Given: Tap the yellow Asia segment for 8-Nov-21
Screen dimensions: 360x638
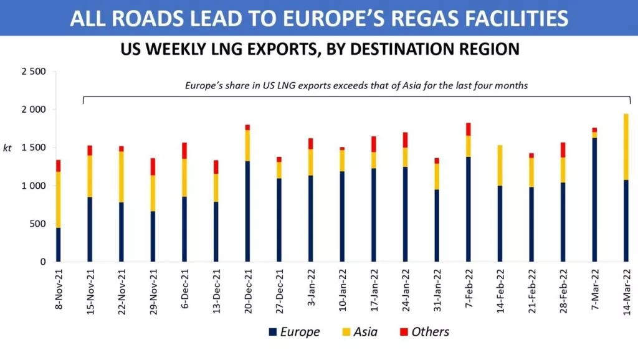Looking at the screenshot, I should (59, 200).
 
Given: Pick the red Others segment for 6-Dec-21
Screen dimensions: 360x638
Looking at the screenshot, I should (184, 151).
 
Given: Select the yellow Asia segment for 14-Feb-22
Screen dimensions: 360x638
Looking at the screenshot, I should (500, 165).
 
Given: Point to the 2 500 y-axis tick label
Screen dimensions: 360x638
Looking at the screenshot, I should (33, 72).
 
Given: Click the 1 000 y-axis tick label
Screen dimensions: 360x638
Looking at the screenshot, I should (33, 186).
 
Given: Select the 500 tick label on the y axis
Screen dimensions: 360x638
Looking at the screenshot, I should (37, 224).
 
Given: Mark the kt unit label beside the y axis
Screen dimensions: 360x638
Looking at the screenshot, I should (7, 148).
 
